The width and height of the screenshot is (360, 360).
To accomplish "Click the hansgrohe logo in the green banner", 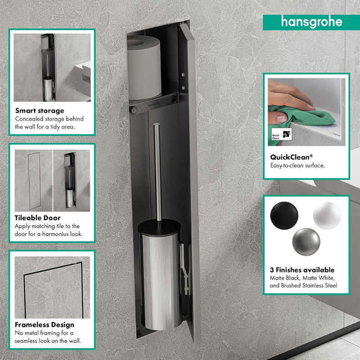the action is click(311, 22).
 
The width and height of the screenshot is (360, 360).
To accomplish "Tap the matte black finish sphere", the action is click(284, 216).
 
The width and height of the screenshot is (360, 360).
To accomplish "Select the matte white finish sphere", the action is click(327, 216).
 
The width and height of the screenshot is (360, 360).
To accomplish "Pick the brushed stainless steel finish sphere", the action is click(306, 242).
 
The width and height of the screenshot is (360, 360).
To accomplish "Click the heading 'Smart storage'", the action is click(40, 111).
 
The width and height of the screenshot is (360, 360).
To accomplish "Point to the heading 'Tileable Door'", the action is click(38, 218).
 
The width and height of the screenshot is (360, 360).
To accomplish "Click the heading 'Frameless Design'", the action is click(45, 324).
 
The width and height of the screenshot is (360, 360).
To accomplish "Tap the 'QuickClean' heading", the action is click(291, 157).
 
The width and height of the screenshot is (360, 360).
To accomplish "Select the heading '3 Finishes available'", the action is click(302, 270).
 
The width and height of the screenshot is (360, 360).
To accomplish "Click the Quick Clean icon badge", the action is click(282, 134).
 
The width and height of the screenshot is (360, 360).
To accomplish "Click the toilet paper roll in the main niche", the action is click(144, 68).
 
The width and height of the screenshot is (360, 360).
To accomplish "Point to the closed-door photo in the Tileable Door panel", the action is click(33, 180).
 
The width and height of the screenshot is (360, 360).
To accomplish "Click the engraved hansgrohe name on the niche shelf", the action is click(154, 104).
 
